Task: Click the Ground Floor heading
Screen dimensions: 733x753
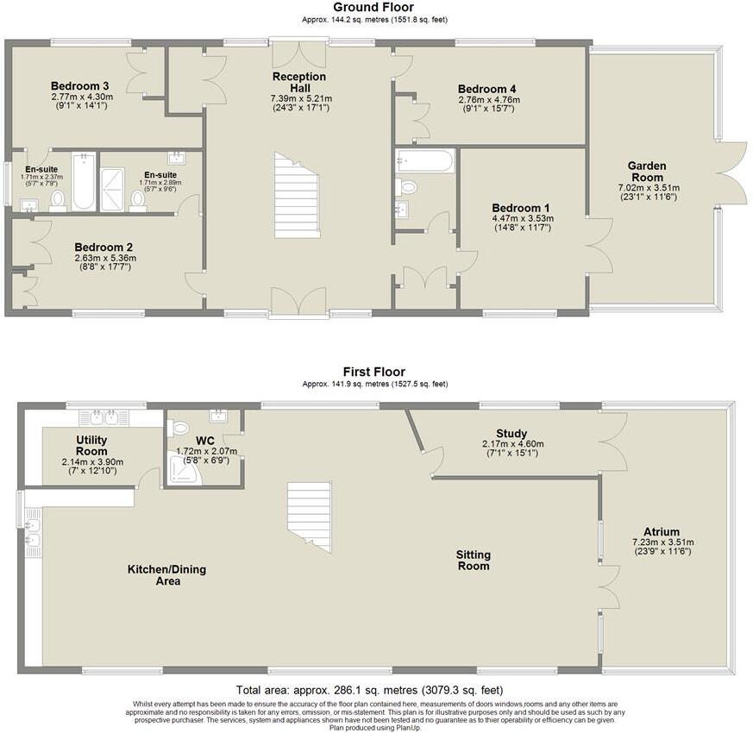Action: click(373, 8)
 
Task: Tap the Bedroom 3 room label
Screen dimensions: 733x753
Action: click(79, 86)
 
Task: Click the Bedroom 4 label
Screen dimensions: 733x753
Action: click(487, 89)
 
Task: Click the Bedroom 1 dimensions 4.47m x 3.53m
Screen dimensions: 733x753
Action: click(521, 219)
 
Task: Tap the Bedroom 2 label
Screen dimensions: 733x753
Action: click(103, 246)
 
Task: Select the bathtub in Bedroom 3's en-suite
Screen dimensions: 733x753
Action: click(83, 181)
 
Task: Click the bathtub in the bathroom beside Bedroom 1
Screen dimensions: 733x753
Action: click(424, 161)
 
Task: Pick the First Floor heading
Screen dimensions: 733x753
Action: click(373, 373)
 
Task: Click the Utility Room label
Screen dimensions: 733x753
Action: click(91, 446)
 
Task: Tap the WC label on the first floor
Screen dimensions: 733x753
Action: click(204, 441)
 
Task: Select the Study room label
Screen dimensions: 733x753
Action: click(511, 434)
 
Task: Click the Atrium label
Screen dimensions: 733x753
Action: click(662, 531)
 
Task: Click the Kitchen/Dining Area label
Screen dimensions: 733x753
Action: click(166, 575)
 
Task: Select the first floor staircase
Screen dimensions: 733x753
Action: click(309, 515)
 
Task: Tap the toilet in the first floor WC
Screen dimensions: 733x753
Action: click(180, 428)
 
